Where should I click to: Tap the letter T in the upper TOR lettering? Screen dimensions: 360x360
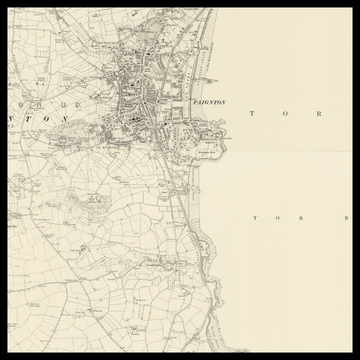254,114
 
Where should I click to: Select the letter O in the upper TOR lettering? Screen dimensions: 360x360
288,114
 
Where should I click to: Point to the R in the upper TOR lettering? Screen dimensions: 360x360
321,114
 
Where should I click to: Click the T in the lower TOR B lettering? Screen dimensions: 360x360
257,216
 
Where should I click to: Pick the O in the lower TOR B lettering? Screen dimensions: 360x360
280,216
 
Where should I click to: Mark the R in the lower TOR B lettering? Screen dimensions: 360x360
305,216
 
